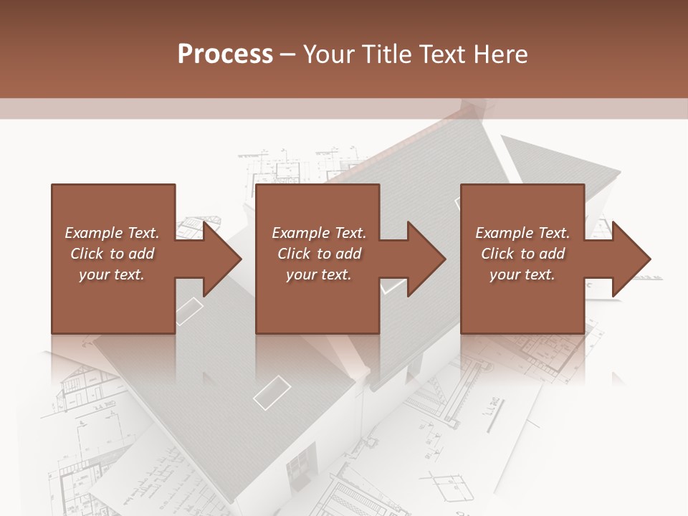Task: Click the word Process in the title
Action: [225, 54]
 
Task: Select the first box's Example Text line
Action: [112, 233]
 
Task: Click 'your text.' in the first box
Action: [112, 274]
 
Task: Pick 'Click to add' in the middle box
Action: [319, 254]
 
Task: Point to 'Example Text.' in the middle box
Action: [319, 233]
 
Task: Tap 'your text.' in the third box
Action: [522, 274]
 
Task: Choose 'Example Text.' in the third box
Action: [522, 233]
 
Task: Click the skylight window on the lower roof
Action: [272, 393]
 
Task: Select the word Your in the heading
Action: [328, 54]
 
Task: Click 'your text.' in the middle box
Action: [319, 274]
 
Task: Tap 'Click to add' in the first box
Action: [112, 254]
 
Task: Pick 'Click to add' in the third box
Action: [522, 254]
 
